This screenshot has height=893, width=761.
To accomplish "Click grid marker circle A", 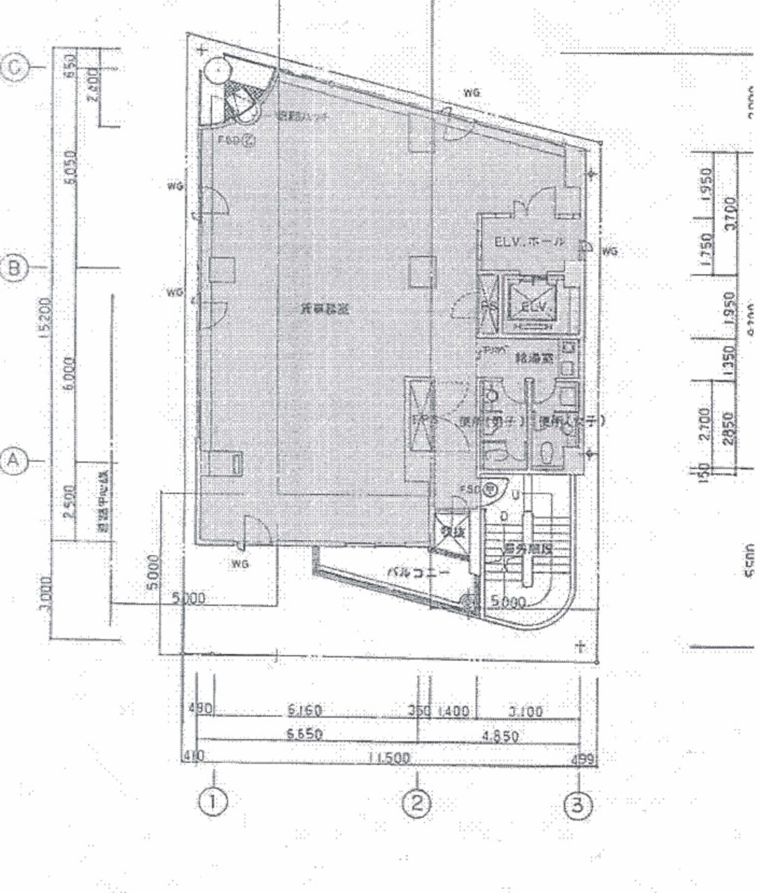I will [x=14, y=460].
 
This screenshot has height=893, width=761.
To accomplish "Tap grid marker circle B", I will [x=14, y=267].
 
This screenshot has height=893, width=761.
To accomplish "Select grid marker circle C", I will [x=14, y=67].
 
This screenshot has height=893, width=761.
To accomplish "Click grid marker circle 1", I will [x=213, y=801].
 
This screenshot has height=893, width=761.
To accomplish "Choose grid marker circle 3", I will [x=580, y=804].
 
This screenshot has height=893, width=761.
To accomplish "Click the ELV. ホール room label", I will [x=529, y=243].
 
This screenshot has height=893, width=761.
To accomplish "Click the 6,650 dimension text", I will [x=304, y=734].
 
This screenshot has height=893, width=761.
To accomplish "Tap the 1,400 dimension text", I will [x=453, y=711].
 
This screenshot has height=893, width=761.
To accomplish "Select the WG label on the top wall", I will [x=471, y=93].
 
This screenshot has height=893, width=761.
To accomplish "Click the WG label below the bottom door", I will [x=239, y=564].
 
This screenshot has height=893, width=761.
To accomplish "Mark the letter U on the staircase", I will [x=514, y=495].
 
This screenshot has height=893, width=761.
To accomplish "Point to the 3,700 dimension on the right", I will [x=730, y=213].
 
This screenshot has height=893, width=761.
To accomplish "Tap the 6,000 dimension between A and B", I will [x=69, y=374].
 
